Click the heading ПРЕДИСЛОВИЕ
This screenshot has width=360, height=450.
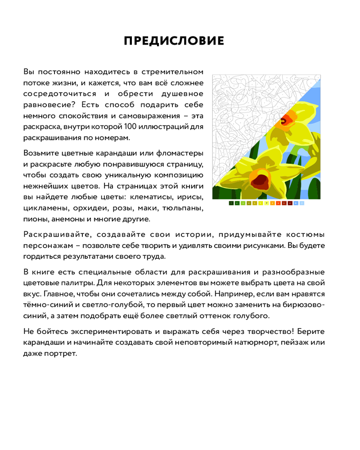point(174,41)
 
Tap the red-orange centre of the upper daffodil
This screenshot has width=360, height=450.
point(284,120)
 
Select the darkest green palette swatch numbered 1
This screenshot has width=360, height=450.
point(231,203)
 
